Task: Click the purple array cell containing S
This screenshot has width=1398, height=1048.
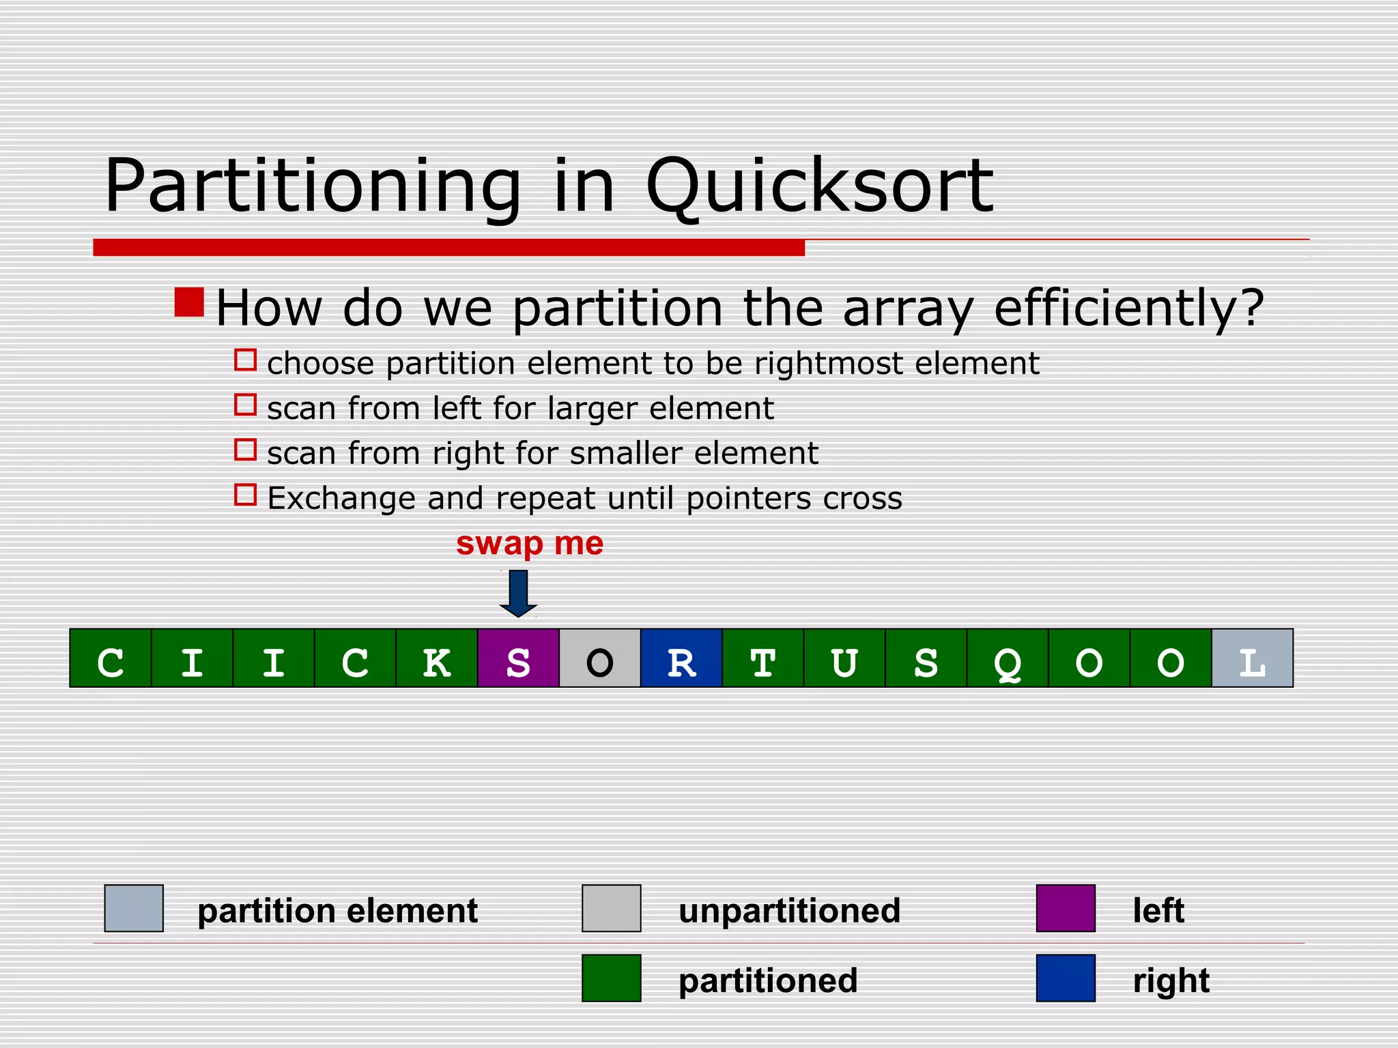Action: [518, 658]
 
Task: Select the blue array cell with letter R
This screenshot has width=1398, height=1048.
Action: [681, 658]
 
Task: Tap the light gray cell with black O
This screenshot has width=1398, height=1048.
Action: [600, 658]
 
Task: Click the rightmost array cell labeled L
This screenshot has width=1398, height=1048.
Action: [1252, 658]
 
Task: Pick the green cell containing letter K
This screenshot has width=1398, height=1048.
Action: [437, 658]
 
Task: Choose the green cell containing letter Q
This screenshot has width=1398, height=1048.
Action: [1008, 658]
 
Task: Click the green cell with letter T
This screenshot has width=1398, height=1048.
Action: [763, 658]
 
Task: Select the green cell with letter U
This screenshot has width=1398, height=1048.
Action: [844, 658]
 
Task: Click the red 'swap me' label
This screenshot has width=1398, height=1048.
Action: [530, 544]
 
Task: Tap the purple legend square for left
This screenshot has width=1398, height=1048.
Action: [1066, 908]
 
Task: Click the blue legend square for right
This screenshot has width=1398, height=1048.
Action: [1066, 978]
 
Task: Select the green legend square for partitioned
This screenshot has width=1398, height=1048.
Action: [611, 978]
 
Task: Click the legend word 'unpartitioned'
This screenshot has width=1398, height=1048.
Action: [789, 911]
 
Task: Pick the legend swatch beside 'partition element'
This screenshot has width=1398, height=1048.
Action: [134, 908]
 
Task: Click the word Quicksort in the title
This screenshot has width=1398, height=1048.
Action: [819, 186]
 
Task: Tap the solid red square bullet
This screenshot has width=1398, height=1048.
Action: [189, 302]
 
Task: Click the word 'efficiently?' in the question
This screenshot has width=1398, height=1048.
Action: [1128, 308]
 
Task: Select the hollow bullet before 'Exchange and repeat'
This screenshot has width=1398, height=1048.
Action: [245, 495]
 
